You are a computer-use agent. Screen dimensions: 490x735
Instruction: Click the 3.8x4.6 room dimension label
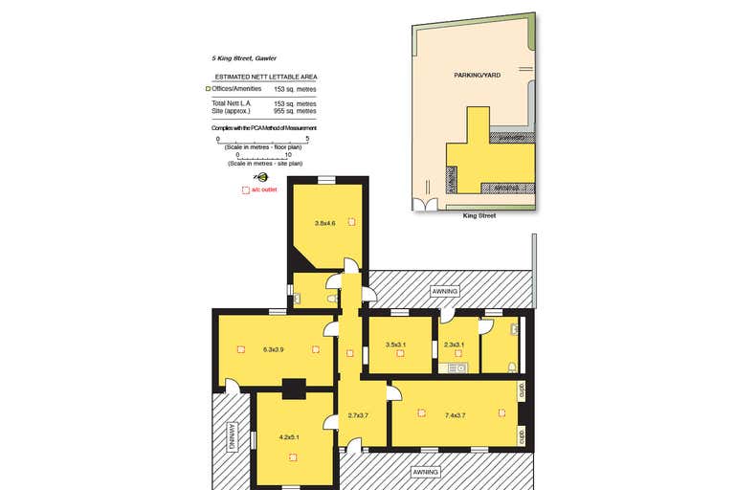[x=325, y=223]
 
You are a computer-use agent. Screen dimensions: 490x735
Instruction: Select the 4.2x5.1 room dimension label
[x=289, y=437]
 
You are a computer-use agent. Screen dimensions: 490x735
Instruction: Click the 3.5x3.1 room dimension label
[x=395, y=345]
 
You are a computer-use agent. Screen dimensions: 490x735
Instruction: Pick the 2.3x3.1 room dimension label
[x=454, y=345]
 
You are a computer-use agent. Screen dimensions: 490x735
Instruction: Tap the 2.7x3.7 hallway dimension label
[x=358, y=415]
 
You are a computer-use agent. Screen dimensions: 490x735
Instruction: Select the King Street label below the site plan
[x=479, y=215]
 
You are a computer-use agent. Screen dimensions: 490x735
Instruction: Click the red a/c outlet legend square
[x=245, y=190]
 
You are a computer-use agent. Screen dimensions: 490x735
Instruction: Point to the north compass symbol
[x=260, y=177]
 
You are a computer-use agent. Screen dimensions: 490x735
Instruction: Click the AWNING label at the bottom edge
[x=425, y=472]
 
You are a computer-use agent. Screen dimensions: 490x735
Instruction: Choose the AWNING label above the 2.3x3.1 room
[x=446, y=290]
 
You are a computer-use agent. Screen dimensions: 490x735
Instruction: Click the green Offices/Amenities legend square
[x=208, y=88]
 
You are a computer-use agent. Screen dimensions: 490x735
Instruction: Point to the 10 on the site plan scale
[x=288, y=153]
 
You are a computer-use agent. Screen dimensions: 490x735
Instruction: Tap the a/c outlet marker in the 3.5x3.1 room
[x=401, y=355]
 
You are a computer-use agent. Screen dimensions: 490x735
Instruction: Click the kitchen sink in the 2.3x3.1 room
[x=457, y=367]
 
